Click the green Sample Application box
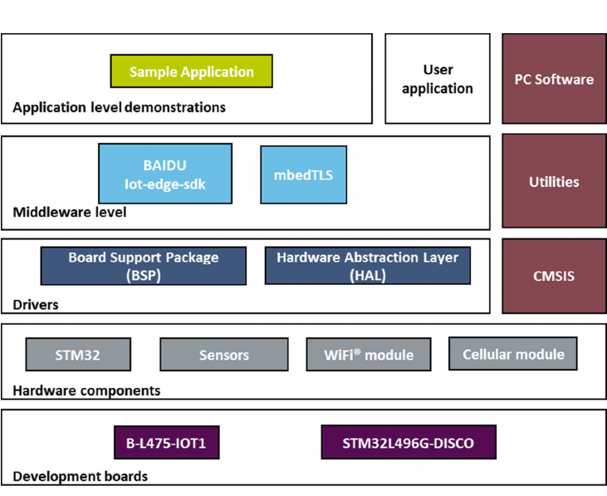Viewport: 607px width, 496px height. (x=191, y=71)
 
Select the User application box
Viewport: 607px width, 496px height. (x=438, y=79)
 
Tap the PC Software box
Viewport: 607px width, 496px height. (x=554, y=80)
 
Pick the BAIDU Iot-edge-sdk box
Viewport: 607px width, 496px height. (x=164, y=174)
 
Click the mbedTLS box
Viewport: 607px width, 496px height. (x=303, y=174)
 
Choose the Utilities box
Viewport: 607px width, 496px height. (x=554, y=181)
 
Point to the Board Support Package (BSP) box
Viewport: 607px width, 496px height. (x=143, y=266)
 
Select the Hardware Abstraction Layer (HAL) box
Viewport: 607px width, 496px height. (x=367, y=266)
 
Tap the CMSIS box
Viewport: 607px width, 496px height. (x=554, y=276)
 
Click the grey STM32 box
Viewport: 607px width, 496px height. (x=78, y=355)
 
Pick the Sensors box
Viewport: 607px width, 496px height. (x=223, y=355)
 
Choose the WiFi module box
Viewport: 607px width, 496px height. (x=369, y=355)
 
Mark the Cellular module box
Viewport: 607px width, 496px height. (x=512, y=354)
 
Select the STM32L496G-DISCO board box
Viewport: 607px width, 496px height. (x=408, y=443)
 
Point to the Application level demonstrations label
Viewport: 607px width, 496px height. (x=119, y=107)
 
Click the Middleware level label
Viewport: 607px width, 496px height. (x=70, y=213)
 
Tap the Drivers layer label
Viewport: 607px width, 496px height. (x=36, y=305)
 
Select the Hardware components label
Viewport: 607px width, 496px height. (x=86, y=390)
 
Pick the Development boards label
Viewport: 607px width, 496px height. (x=80, y=477)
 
